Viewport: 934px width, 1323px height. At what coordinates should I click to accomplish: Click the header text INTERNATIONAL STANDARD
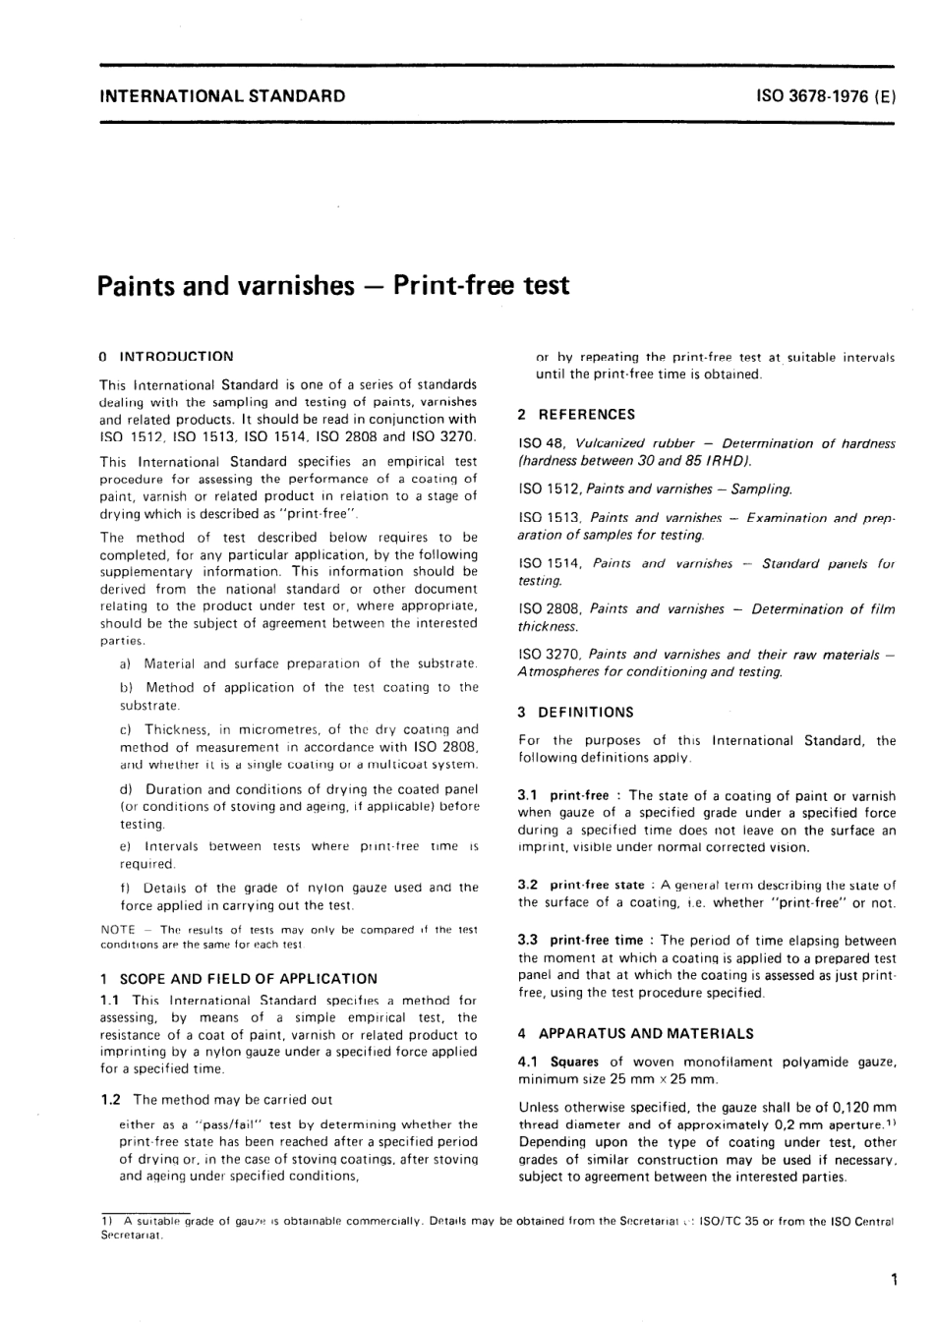[x=222, y=96]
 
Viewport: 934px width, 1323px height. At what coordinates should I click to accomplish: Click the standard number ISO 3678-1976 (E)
[x=826, y=96]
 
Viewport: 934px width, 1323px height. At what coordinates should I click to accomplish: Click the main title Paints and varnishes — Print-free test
[x=333, y=285]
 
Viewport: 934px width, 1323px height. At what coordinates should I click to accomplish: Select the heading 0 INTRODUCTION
[x=167, y=356]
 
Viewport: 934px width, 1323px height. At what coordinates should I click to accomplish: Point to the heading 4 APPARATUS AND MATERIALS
[x=635, y=1033]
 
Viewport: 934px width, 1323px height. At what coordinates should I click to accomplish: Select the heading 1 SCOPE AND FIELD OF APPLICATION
[x=238, y=978]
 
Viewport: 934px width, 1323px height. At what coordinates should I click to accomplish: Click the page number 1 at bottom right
[x=893, y=1280]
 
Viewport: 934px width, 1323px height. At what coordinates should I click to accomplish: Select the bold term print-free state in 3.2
[x=597, y=885]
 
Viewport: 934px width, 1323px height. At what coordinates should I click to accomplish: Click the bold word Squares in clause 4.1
[x=574, y=1062]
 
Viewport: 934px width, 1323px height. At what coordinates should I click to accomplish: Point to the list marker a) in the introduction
[x=126, y=663]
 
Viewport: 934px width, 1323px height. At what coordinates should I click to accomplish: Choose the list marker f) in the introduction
[x=125, y=888]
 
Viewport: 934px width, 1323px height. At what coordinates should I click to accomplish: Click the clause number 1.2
[x=111, y=1100]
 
